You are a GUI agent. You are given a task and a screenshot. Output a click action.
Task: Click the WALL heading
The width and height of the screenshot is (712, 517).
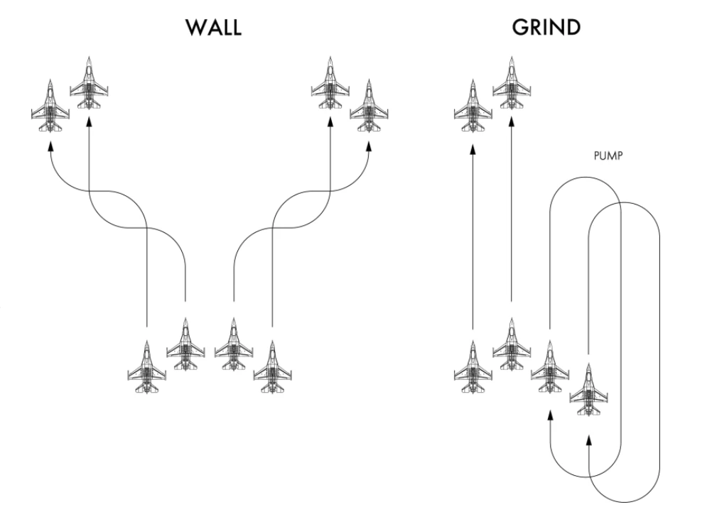tap(213, 28)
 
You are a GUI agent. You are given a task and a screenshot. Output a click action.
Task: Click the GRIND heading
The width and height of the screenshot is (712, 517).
tap(546, 28)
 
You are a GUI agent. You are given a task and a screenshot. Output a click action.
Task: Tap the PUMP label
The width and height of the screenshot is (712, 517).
tap(608, 156)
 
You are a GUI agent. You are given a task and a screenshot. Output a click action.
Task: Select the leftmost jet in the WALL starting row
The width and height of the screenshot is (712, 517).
tap(146, 366)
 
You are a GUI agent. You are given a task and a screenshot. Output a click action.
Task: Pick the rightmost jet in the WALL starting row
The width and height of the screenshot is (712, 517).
tap(272, 366)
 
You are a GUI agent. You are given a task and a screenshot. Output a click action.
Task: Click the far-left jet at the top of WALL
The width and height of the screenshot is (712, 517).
tap(50, 106)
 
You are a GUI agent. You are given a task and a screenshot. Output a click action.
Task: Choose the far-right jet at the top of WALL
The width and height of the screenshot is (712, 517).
tap(369, 106)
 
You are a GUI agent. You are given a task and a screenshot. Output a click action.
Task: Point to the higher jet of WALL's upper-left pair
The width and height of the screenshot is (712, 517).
tap(89, 83)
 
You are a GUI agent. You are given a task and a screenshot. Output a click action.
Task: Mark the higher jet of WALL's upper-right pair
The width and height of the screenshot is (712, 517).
tap(330, 83)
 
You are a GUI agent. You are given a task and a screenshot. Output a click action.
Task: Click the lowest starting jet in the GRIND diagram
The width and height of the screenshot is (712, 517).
tap(588, 389)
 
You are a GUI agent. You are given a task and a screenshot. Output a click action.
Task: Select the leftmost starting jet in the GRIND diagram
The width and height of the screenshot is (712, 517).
tap(473, 366)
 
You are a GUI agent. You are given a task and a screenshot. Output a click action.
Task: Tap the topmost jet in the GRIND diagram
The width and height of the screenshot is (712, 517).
tap(512, 83)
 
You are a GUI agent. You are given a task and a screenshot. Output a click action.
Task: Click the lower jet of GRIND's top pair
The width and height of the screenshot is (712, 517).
tap(473, 106)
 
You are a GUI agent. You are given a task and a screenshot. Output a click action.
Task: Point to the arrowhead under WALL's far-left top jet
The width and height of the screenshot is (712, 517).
tap(50, 147)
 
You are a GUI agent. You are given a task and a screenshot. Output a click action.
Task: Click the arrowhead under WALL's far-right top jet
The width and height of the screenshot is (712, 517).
tap(369, 147)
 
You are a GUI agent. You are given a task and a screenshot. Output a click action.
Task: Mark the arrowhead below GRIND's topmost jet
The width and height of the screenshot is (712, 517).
tap(512, 122)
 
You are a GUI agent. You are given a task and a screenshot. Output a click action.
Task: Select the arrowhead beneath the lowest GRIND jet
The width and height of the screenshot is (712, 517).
tap(588, 440)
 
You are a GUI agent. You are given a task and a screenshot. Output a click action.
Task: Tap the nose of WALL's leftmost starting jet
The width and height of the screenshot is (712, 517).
tap(146, 341)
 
